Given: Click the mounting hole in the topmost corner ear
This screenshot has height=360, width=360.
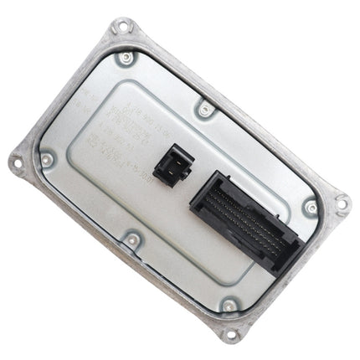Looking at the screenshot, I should coord(123,28).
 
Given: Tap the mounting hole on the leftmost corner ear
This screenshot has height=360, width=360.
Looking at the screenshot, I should coord(17,164).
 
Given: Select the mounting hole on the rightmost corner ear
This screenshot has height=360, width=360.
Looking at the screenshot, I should coord(341,201).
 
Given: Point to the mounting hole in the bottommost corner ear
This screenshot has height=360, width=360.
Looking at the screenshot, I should coord(232,335).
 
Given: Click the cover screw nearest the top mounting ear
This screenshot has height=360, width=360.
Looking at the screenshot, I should coord(126,59).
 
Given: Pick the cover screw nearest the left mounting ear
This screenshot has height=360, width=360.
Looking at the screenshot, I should coord(47,159).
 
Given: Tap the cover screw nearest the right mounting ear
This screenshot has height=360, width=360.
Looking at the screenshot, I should coord(311,206).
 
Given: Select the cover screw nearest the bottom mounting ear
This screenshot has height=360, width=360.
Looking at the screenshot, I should coord(229,306).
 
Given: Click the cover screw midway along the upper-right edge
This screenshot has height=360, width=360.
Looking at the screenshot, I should coord(205,108).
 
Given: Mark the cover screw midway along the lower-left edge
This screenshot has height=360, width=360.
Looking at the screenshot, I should coord(132,240).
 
